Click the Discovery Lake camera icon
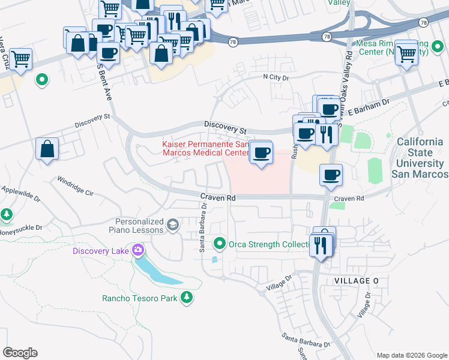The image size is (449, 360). [139, 250]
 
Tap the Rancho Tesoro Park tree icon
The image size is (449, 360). [187, 297]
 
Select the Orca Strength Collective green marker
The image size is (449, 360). [220, 244]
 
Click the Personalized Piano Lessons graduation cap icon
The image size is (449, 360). [173, 225]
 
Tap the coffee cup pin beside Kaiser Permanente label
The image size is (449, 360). [261, 153]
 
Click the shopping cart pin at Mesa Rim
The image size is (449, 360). [407, 53]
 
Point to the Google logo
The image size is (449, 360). [20, 353]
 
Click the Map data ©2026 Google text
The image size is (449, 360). [411, 355]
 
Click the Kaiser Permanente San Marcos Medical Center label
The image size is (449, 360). [205, 148]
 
